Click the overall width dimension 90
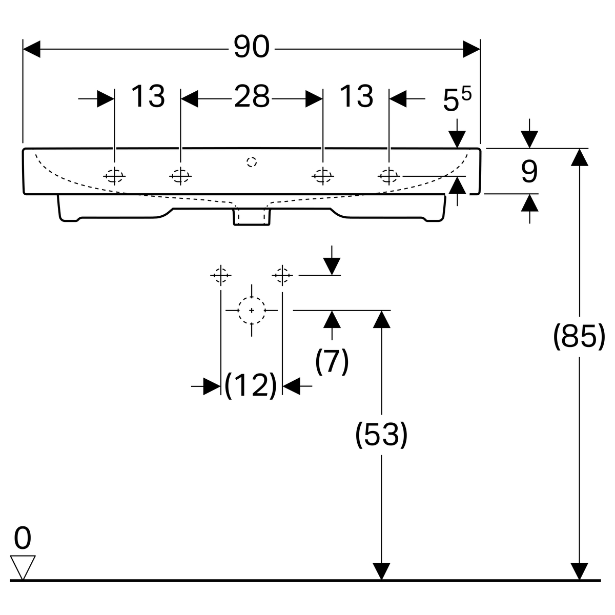pos(251,48)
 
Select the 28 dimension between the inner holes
pos(252,96)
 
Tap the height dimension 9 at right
pos(529,172)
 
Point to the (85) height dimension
pos(579,337)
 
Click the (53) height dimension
pos(381,435)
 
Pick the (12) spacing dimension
pos(251,385)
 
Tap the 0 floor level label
pos(23,539)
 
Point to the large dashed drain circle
pos(252,310)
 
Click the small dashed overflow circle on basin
pos(251,162)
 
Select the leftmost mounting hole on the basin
pos(114,176)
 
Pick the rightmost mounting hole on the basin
pos(388,176)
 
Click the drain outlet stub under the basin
pos(251,216)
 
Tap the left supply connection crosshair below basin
pos(220,275)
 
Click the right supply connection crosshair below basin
pos(282,275)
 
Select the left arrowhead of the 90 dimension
pos(32,49)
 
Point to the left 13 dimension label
pos(148,96)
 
